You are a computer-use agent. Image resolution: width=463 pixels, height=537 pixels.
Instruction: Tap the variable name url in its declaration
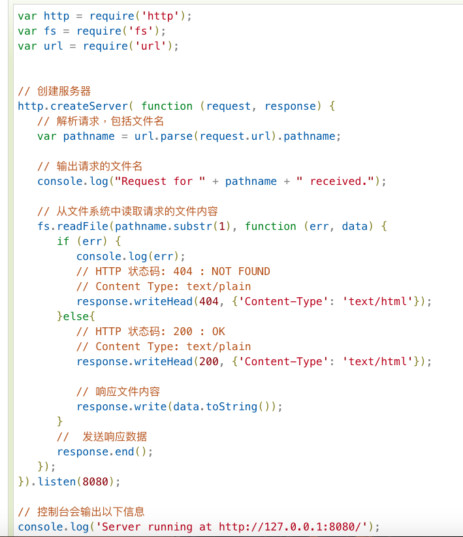tap(54, 46)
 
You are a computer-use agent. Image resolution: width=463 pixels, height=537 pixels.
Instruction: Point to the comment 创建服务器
tap(64, 91)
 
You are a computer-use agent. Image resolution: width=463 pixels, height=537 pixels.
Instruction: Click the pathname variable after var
tap(89, 136)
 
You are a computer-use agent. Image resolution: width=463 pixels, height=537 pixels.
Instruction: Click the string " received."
tap(336, 181)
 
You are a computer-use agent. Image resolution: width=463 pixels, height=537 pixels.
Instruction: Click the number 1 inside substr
tap(222, 226)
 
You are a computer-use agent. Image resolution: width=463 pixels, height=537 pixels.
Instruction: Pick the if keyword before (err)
tap(63, 241)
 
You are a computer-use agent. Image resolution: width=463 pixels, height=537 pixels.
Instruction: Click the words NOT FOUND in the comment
tap(240, 271)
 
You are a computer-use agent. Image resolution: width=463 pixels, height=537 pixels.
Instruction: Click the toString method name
tap(232, 406)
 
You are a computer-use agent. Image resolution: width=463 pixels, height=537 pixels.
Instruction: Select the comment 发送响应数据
tap(115, 436)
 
